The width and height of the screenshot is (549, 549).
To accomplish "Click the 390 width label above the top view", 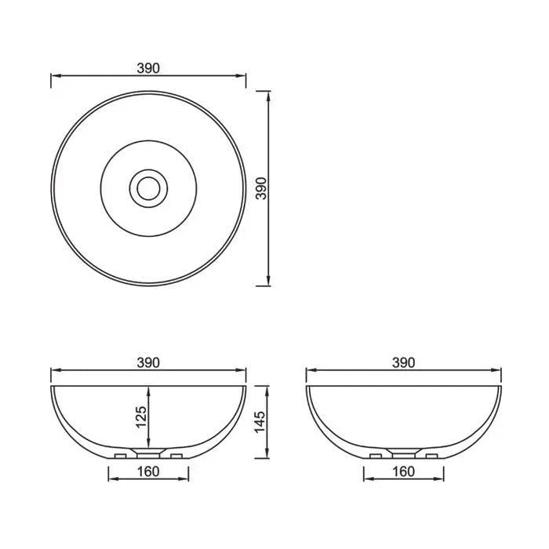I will point(148,68).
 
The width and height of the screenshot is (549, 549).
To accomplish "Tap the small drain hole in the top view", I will point(147,187).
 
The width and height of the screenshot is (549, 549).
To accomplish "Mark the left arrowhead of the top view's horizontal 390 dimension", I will point(54,76).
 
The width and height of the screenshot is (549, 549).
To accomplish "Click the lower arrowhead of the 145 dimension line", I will point(270,454).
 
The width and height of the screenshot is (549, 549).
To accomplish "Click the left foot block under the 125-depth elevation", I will point(121,456).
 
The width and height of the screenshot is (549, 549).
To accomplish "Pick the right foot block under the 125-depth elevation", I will point(176,456).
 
